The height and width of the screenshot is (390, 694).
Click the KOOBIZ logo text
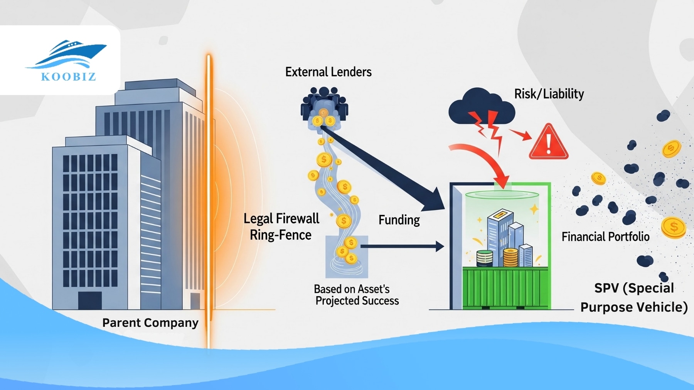coord(68,77)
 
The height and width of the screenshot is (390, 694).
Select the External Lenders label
coord(328,72)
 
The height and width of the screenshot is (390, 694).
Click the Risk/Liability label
coord(549,94)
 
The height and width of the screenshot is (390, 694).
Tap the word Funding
coord(399,220)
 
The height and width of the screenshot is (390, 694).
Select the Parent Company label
coord(150,323)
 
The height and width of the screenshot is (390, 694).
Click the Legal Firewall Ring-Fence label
coord(281,227)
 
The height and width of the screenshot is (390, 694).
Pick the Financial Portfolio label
coord(605,236)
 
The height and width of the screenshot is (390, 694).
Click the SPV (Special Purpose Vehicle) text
coord(634,298)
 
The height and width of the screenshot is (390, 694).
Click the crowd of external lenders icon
coord(324,106)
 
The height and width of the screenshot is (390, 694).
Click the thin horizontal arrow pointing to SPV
coord(401,246)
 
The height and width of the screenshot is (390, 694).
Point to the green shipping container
coord(505,288)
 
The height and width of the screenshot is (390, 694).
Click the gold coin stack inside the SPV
coord(510,257)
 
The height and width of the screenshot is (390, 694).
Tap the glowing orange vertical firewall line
coord(209,200)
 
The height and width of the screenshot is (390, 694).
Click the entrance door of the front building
coord(90,300)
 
